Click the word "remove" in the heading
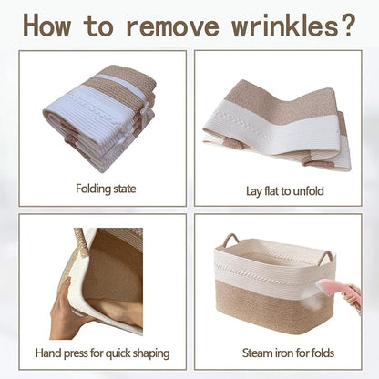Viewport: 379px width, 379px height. coord(172,26)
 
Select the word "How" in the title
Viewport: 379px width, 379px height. coord(46,25)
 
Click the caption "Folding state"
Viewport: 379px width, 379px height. coord(106,189)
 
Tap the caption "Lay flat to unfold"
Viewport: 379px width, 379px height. coord(284,191)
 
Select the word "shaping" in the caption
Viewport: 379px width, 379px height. coord(152,354)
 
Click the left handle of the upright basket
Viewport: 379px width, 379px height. coord(230,241)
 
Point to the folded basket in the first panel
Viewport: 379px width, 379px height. coord(100,118)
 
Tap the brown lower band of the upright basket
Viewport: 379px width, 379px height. coord(274,308)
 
